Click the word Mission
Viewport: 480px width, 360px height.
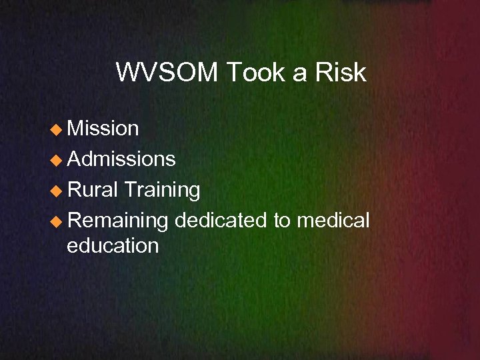[x=103, y=128]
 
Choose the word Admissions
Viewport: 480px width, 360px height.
[x=121, y=159]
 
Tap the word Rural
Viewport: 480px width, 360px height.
[x=93, y=190]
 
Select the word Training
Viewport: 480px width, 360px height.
[x=162, y=191]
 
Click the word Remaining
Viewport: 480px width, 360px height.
[x=118, y=221]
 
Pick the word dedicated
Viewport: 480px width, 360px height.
[x=221, y=220]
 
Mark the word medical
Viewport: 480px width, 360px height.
[x=333, y=220]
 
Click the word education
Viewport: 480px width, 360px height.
[x=113, y=245]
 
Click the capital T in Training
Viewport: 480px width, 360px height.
[x=131, y=190]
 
